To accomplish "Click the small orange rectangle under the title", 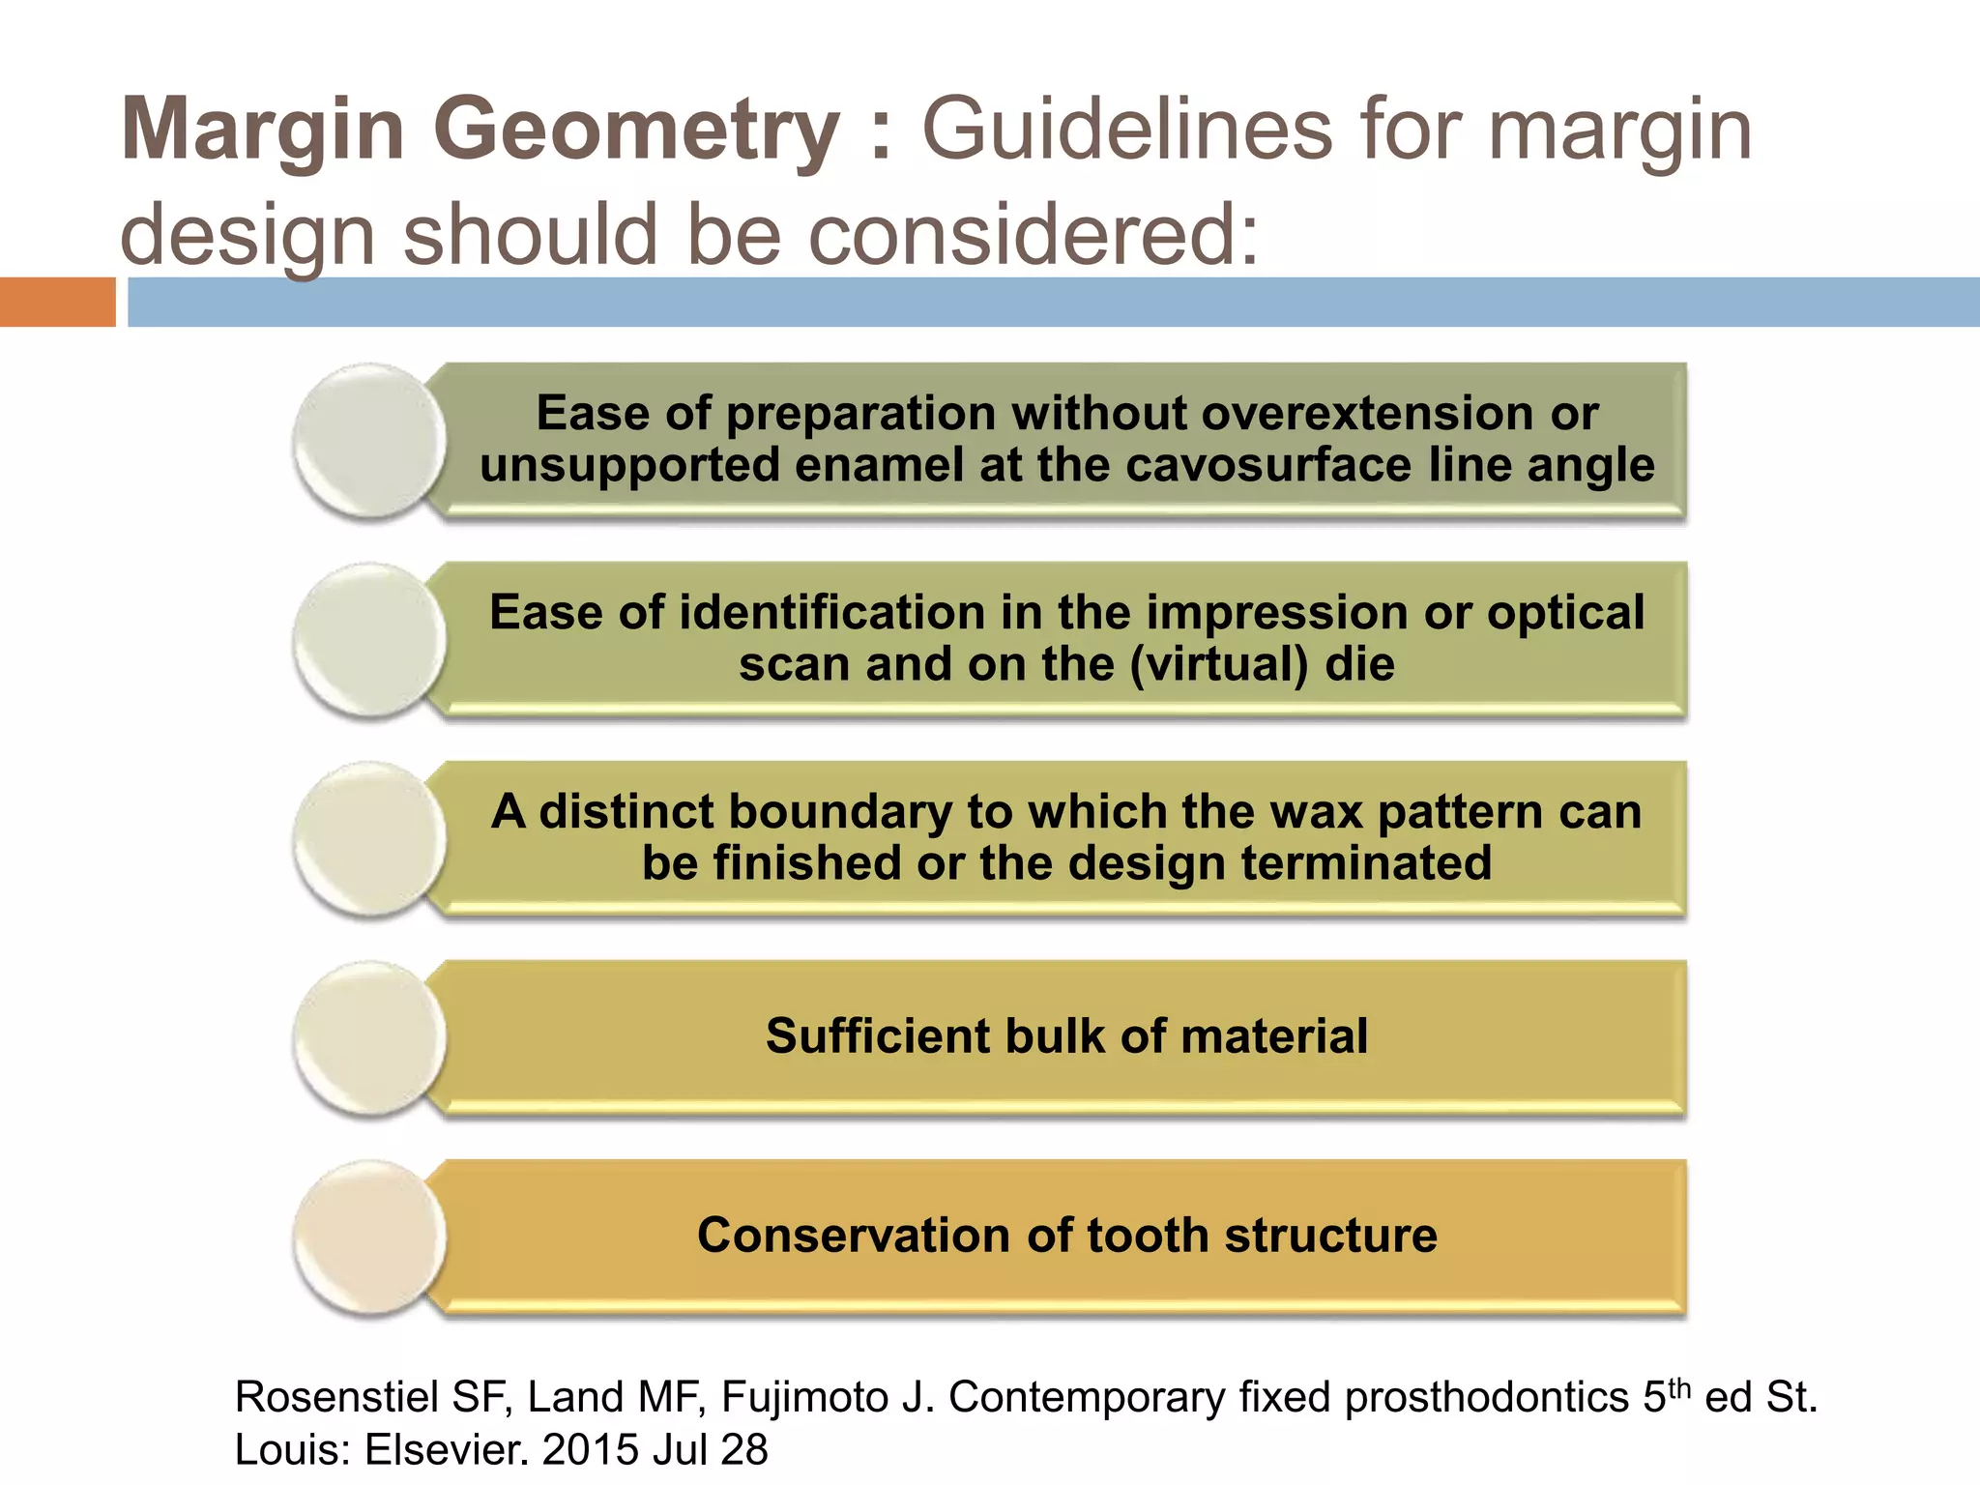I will coord(57,302).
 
